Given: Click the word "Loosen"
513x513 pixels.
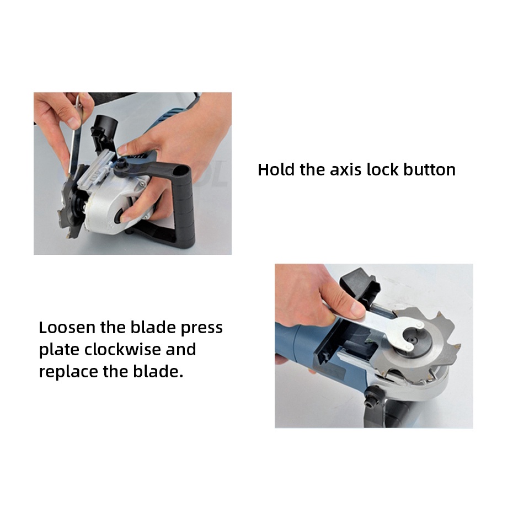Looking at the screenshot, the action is [67, 327].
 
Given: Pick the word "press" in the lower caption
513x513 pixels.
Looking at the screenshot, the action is [201, 328].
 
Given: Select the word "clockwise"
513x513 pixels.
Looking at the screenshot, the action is [122, 349].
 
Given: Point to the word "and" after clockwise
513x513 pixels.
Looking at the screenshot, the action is [181, 349].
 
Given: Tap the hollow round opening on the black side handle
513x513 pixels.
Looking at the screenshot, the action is [181, 172].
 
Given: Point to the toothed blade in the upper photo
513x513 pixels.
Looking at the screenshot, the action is [71, 203].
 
